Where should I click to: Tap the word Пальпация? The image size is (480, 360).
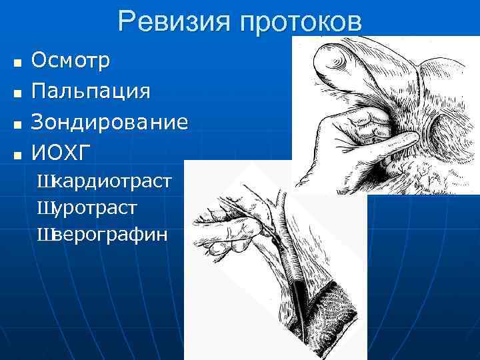[91, 90]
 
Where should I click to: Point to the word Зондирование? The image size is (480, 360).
[109, 122]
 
